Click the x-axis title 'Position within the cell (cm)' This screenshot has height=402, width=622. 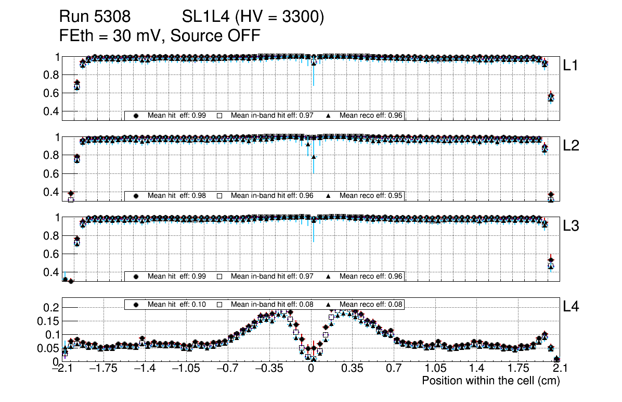[x=490, y=381]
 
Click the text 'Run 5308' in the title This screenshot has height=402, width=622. [x=95, y=17]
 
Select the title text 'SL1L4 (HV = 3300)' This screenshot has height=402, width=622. [x=253, y=17]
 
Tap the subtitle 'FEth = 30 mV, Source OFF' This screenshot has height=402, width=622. [x=160, y=35]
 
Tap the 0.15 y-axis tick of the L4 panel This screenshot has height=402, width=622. [x=48, y=321]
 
